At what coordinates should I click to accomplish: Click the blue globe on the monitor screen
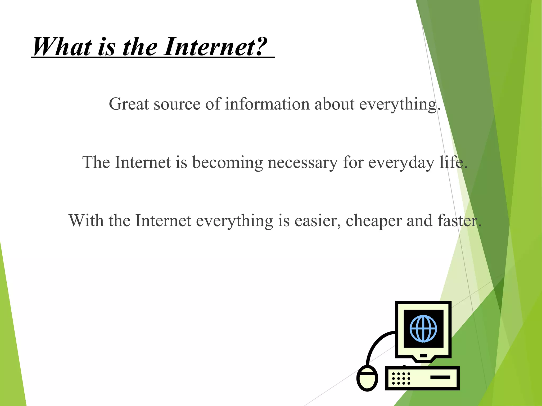point(423,329)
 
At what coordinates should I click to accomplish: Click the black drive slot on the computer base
point(440,377)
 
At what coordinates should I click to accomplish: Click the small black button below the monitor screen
point(423,356)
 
